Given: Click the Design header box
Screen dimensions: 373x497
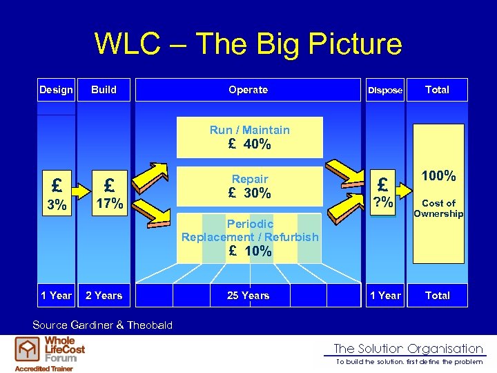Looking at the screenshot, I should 56,90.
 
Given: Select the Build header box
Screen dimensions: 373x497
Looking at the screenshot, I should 104,90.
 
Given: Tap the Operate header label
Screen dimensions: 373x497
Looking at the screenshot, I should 248,90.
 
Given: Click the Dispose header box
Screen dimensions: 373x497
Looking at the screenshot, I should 385,90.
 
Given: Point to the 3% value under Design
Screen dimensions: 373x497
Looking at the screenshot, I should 57,205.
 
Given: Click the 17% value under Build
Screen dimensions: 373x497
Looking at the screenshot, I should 109,204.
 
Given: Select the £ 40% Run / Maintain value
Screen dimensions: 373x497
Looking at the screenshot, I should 250,145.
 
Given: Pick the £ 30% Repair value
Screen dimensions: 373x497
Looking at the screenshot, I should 250,193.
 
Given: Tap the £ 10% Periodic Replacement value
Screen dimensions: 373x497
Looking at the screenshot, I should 250,251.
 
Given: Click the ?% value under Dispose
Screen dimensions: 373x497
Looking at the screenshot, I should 383,202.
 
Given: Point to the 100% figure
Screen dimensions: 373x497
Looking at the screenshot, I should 438,176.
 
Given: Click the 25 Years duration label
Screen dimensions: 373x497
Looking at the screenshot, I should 248,296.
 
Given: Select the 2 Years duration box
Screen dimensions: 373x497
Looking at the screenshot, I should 104,296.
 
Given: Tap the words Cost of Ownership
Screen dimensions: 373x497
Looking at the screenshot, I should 438,208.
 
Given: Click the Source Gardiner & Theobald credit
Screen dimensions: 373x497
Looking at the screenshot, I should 103,325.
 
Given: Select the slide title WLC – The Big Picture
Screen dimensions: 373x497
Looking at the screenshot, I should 248,44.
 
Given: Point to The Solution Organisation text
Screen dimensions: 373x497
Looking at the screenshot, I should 408,349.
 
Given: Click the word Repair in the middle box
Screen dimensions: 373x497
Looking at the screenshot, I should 250,179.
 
